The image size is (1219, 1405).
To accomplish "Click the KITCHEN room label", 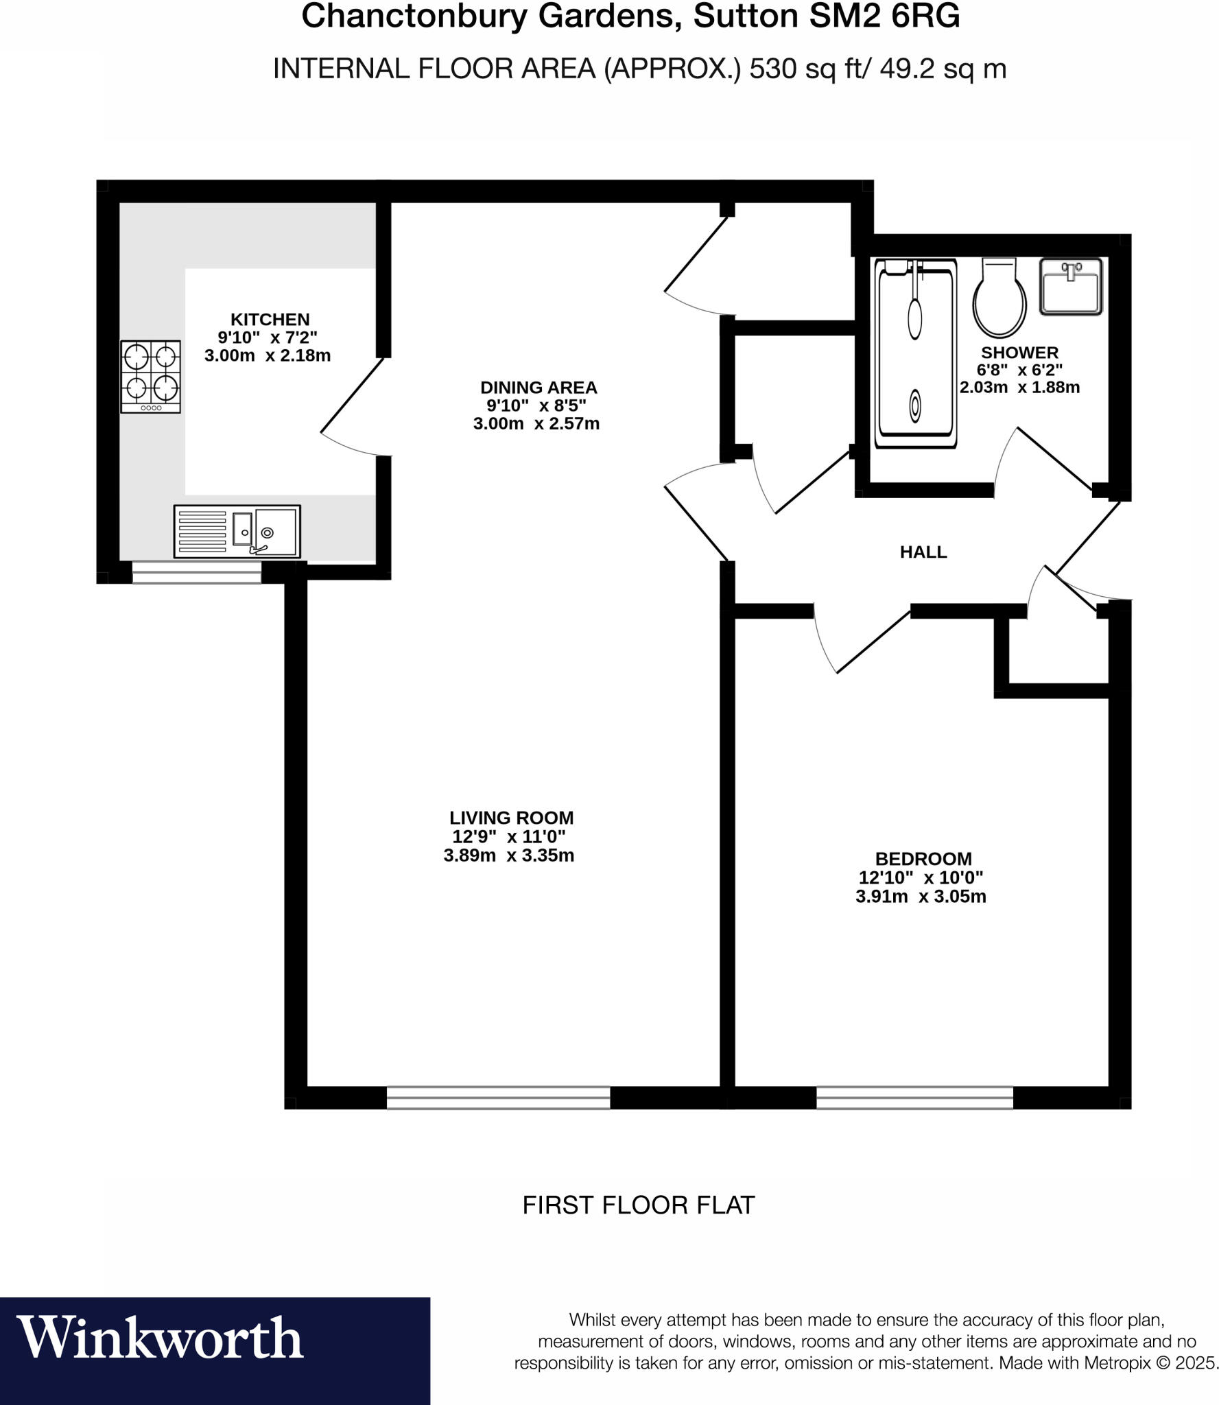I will click(x=270, y=319).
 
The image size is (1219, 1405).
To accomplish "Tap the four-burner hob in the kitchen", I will click(x=150, y=377).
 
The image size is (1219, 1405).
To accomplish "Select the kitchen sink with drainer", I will click(x=237, y=532).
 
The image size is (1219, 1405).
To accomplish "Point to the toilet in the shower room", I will click(x=999, y=298).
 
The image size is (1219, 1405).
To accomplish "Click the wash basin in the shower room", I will click(x=1070, y=286).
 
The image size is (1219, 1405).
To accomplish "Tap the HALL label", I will click(x=923, y=552).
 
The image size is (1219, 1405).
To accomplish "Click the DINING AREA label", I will click(x=539, y=388).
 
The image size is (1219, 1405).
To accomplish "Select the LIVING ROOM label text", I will click(x=511, y=818).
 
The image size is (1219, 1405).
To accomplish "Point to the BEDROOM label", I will click(x=923, y=859).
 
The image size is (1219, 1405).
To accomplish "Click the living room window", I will click(x=498, y=1098).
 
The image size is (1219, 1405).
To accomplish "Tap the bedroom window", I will click(x=914, y=1098).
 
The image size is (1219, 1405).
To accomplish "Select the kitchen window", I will click(x=196, y=572).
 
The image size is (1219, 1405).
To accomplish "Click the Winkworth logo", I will click(x=160, y=1337).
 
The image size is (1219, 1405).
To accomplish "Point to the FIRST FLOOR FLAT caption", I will click(x=638, y=1205).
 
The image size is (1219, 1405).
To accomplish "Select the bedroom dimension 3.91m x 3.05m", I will click(x=921, y=897).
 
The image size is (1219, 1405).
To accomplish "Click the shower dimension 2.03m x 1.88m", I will click(x=1019, y=388).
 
